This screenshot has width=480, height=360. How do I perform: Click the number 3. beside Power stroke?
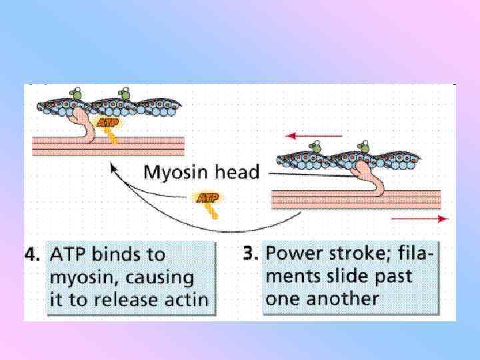click(251, 253)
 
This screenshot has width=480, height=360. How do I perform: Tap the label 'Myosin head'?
click(201, 173)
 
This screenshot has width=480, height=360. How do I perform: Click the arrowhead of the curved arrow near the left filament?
click(114, 170)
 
